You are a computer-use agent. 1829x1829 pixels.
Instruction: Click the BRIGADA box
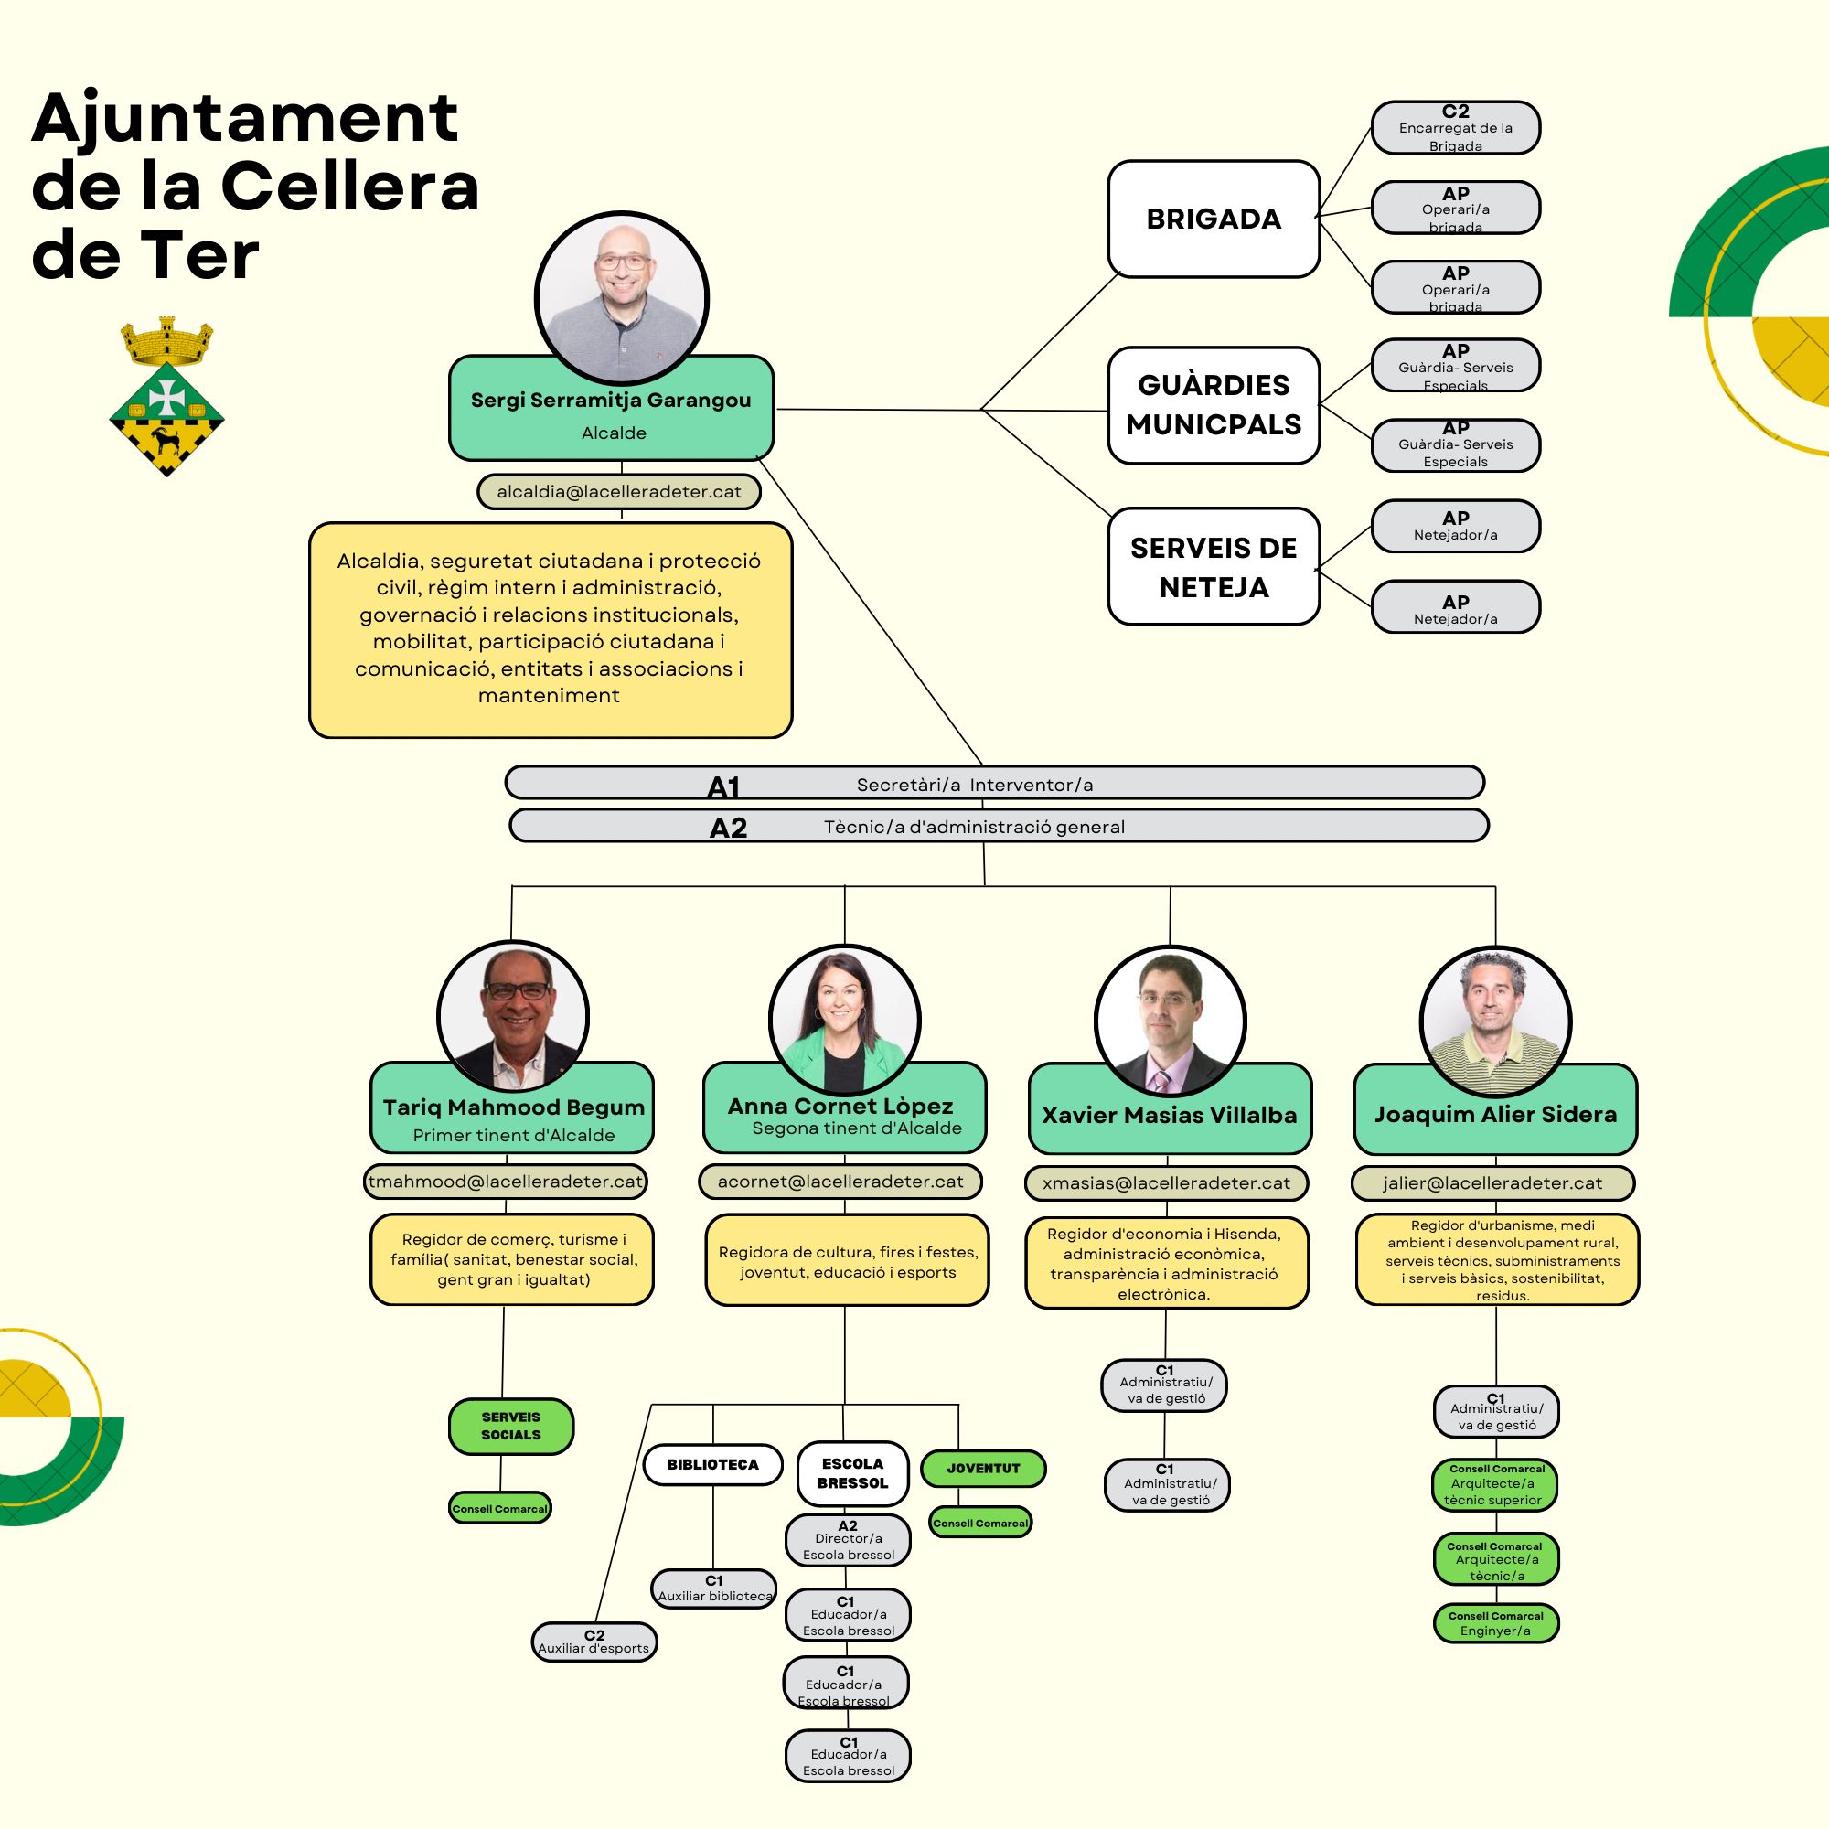[1214, 219]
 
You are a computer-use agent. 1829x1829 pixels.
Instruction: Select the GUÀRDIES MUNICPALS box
[1214, 405]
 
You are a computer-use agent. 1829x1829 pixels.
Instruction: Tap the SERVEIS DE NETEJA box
[1214, 567]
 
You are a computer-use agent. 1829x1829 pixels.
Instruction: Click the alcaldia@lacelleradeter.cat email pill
[619, 492]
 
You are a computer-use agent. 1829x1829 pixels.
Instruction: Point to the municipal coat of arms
[166, 397]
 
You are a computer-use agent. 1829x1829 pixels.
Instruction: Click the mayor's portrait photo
[622, 297]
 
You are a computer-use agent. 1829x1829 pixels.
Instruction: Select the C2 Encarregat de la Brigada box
[1455, 128]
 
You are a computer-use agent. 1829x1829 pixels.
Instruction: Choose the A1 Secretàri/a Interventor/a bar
[994, 783]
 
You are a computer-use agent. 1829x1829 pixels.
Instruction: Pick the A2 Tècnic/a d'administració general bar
[999, 826]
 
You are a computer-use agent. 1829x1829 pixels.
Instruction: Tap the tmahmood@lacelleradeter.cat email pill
[507, 1182]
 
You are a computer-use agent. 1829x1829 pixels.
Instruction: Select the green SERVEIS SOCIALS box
[511, 1426]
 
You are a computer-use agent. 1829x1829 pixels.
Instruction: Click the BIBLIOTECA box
[713, 1464]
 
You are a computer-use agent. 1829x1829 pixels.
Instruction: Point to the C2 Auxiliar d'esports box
[594, 1642]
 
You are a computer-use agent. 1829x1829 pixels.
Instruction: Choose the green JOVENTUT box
[984, 1469]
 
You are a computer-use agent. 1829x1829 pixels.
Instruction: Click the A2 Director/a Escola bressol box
[849, 1540]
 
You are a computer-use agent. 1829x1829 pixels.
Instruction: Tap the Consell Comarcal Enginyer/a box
[1496, 1623]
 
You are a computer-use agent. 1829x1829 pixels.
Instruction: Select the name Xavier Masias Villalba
[1169, 1115]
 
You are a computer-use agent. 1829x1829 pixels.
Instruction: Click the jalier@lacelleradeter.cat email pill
[1493, 1183]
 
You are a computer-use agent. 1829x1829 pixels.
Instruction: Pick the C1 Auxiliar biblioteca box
[714, 1588]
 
